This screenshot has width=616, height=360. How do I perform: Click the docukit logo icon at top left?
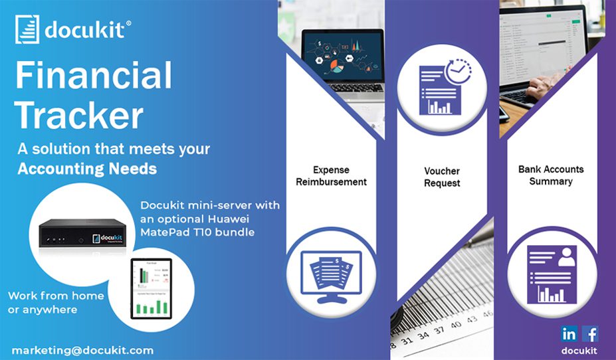coord(27,29)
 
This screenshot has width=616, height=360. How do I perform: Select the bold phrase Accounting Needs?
coord(87,169)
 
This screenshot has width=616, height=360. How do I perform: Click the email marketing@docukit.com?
coord(82,349)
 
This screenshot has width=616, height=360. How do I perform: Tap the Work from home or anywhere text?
coord(56,302)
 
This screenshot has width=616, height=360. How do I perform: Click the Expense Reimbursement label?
coord(331,176)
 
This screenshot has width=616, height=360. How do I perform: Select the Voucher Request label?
coord(442,177)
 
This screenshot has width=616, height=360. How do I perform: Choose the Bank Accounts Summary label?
coord(551,175)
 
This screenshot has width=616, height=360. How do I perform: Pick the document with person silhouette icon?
coord(551,273)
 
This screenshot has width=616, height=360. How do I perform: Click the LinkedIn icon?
coord(569,333)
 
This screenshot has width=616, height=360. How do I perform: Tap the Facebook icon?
coord(590,333)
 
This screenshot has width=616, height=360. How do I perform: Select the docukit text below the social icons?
coord(579,350)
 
